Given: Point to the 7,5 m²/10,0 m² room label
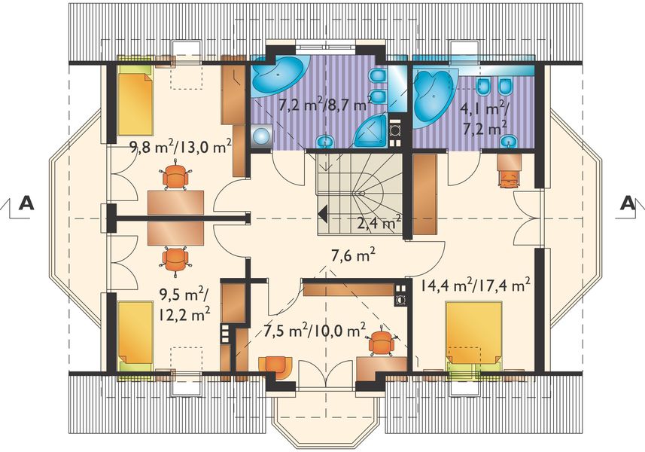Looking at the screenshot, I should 315,330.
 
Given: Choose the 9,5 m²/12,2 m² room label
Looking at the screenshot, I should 184,302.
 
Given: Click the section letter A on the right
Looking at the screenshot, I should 627,202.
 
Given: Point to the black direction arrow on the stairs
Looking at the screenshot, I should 323,214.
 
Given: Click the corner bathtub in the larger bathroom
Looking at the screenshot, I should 277,75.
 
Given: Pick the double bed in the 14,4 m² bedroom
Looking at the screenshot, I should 473,335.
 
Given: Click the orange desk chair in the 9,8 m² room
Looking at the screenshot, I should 175,178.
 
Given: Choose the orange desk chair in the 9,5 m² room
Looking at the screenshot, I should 175,258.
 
